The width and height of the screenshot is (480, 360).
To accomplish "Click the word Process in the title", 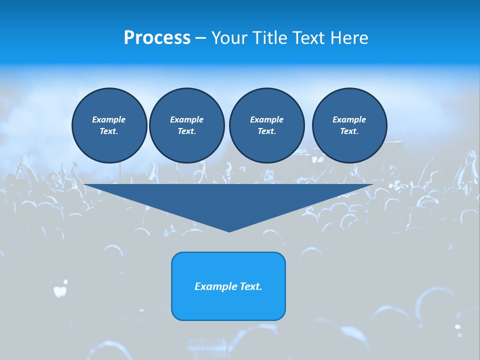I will [x=157, y=38].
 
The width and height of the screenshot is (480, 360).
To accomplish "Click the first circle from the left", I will [x=109, y=125].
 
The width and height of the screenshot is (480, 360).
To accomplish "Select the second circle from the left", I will [x=186, y=125].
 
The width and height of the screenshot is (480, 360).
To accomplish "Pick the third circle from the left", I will [x=266, y=125].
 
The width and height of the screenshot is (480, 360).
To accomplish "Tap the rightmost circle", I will [x=349, y=125].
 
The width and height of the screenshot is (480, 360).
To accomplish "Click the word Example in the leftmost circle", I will [x=109, y=120].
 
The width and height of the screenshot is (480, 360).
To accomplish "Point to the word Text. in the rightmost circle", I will [x=349, y=131].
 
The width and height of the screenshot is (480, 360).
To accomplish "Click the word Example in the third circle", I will [x=266, y=120].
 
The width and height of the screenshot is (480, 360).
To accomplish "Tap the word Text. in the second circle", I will [x=186, y=131].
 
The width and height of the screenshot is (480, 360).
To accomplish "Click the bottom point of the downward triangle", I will [x=229, y=231].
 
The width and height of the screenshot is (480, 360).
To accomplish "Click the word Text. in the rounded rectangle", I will [x=250, y=286].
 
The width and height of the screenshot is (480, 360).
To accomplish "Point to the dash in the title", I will [x=201, y=38].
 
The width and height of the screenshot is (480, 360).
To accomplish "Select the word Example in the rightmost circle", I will [x=349, y=120].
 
